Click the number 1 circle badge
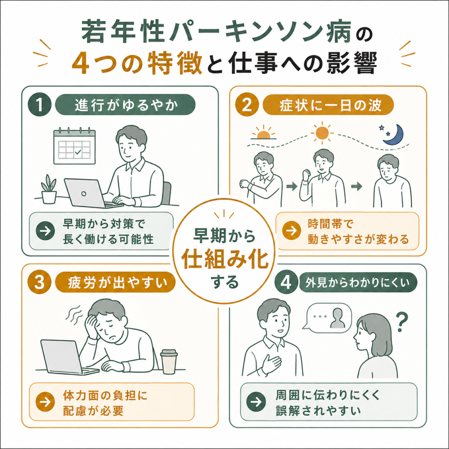pos(40,104)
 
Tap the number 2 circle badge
pos(247,104)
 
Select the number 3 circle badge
pos(39,282)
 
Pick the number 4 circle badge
pos(286,282)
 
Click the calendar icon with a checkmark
pos(75,146)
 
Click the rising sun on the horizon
pos(263,132)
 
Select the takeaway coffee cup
pos(169,361)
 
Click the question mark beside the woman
pos(402,321)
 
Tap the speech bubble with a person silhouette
pos(327,318)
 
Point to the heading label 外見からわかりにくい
pos(358,283)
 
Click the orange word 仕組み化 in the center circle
pos(225,260)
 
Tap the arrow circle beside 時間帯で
pos(292,231)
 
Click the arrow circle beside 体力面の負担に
pos(45,402)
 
